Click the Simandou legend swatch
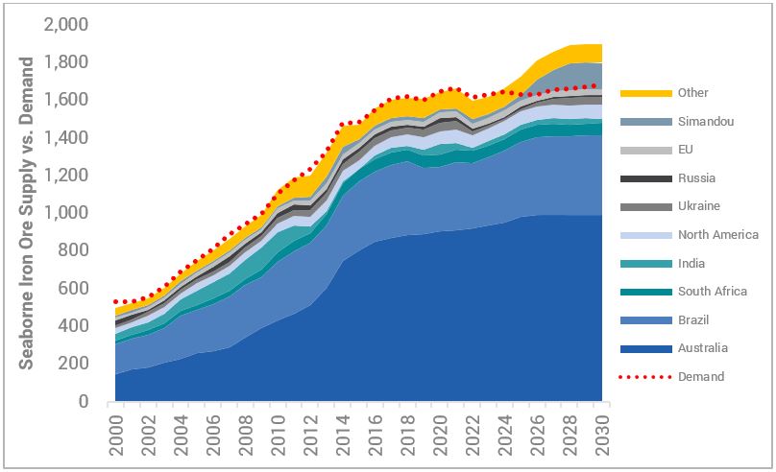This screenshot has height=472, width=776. click(639, 122)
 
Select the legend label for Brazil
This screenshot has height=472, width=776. click(694, 319)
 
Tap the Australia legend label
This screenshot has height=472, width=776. click(702, 348)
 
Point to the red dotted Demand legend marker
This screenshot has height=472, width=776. click(639, 377)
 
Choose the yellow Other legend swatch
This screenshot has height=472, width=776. click(639, 93)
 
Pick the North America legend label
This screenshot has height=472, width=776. click(717, 235)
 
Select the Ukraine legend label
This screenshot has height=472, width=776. click(698, 206)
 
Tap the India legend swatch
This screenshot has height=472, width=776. click(639, 263)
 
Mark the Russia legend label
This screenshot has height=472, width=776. click(696, 178)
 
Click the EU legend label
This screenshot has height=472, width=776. click(685, 150)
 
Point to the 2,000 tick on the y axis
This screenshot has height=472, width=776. click(67, 24)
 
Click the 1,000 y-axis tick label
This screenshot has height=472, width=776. click(67, 213)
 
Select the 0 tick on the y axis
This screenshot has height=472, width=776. click(84, 402)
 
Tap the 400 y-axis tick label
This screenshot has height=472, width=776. click(75, 326)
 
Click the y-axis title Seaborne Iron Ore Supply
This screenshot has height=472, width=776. click(27, 213)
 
